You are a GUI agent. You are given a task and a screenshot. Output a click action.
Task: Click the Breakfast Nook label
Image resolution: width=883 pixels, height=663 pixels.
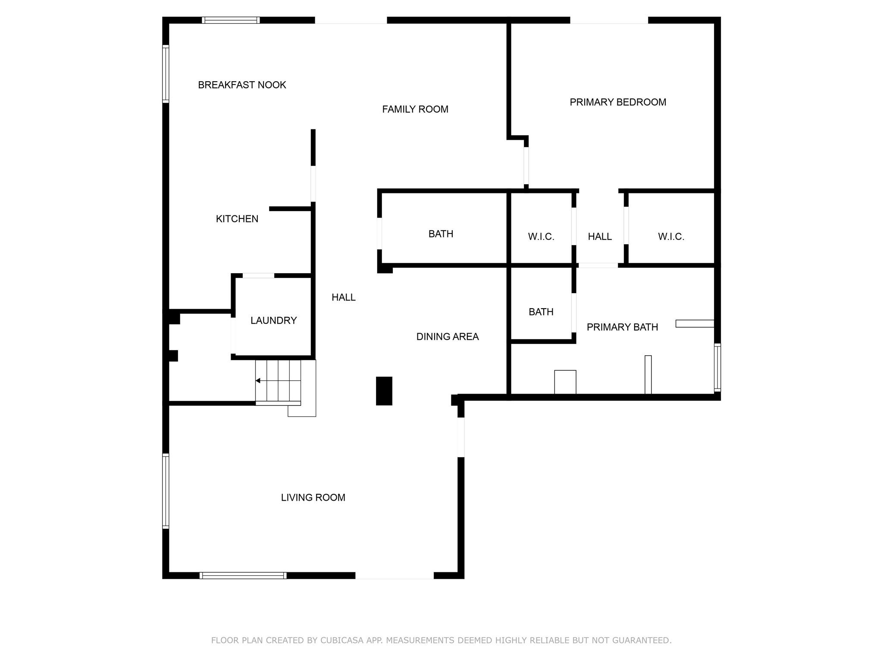coord(242,85)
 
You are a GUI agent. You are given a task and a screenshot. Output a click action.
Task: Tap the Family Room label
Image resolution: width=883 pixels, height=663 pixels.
coord(415,109)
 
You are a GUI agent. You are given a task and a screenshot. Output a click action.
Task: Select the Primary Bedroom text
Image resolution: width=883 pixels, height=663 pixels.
coord(618,102)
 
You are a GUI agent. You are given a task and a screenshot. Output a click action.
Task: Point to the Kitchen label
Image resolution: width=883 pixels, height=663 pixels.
coord(237,219)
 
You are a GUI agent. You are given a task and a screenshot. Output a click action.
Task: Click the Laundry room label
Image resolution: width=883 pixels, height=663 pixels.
coord(274,320)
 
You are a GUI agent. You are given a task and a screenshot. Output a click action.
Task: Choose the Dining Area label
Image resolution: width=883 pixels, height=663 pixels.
coord(448,337)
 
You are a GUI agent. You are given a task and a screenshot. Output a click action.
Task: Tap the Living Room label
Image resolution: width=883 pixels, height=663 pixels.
coord(313,498)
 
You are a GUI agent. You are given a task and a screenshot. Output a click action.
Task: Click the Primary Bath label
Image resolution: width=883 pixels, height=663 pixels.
coord(622,327)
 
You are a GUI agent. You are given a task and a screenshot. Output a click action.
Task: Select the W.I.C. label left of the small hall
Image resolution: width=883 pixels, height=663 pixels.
coord(541,237)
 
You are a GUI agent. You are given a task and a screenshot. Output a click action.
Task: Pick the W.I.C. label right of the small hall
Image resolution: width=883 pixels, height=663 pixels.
coord(671,237)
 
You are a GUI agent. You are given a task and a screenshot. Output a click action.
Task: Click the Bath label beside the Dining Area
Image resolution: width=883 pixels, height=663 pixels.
coord(541,312)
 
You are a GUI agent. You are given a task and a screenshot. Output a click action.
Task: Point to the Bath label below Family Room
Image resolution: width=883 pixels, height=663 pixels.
coord(441,234)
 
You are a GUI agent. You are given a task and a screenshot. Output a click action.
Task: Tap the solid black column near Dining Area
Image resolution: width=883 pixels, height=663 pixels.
coord(384,391)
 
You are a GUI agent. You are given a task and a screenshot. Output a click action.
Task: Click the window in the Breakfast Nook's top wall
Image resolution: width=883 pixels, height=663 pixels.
coord(231,20)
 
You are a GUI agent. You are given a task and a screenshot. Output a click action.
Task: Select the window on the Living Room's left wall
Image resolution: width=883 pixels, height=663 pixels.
coord(166,491)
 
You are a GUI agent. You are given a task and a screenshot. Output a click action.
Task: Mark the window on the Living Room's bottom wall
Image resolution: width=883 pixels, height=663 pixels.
coord(243,575)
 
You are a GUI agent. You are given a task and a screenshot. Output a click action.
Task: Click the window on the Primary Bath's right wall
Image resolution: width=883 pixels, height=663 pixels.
coord(717,367)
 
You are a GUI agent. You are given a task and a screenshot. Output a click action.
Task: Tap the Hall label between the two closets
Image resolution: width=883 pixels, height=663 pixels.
coord(600,237)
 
